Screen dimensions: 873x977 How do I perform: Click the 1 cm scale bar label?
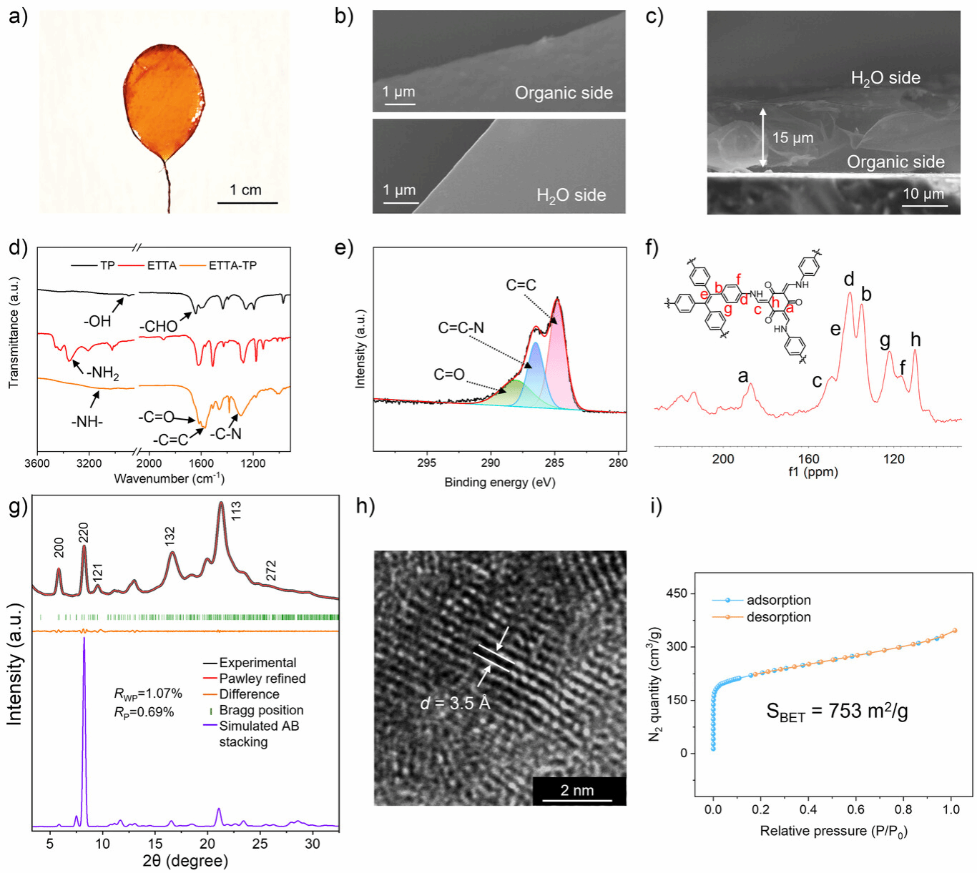pyautogui.click(x=245, y=190)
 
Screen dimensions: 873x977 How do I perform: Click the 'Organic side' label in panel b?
pyautogui.click(x=564, y=93)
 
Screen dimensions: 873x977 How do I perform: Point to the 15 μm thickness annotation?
pyautogui.click(x=792, y=138)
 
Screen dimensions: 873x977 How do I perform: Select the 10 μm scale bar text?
pyautogui.click(x=923, y=194)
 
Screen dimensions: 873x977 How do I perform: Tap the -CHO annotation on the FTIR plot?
pyautogui.click(x=158, y=327)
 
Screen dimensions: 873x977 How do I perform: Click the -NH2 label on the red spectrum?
pyautogui.click(x=103, y=373)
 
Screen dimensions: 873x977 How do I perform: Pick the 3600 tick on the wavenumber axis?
pyautogui.click(x=37, y=463)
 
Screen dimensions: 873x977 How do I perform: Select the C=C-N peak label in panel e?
pyautogui.click(x=461, y=328)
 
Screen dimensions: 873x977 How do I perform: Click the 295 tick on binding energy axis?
pyautogui.click(x=427, y=463)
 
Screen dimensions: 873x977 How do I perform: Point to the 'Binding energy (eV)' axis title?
pyautogui.click(x=499, y=482)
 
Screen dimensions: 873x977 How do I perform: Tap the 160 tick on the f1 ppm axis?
pyautogui.click(x=808, y=459)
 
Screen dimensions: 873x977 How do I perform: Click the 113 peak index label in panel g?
pyautogui.click(x=236, y=511)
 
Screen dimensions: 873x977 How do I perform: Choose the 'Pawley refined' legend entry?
pyautogui.click(x=262, y=679)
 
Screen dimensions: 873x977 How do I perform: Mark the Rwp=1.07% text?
pyautogui.click(x=148, y=694)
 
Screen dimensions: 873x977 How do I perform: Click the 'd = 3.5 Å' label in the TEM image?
pyautogui.click(x=455, y=704)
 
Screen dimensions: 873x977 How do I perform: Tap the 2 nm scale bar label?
pyautogui.click(x=576, y=790)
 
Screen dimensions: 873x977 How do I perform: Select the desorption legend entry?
pyautogui.click(x=778, y=617)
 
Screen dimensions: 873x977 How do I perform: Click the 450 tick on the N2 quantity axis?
pyautogui.click(x=676, y=593)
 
